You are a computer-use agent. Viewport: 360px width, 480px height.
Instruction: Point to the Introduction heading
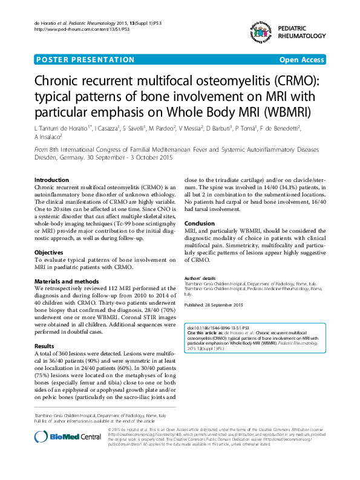51,180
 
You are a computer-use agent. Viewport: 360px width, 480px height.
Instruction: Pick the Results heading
44,346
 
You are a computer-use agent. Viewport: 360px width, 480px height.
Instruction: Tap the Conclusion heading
199,223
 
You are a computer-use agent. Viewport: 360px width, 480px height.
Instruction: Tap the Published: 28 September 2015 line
213,304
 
